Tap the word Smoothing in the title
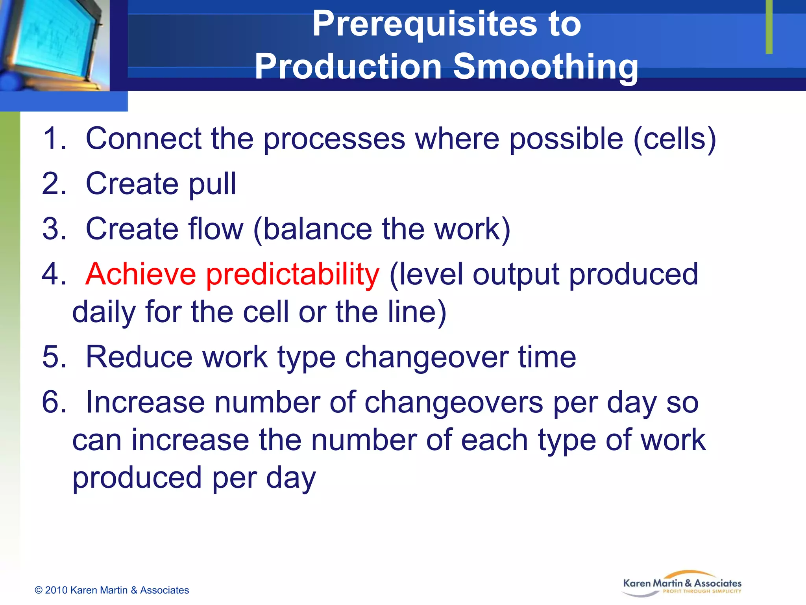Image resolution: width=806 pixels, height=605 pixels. (x=545, y=67)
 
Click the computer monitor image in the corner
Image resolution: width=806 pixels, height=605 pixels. (x=54, y=43)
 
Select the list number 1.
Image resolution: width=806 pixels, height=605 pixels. (x=54, y=139)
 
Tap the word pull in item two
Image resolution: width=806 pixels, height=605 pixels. (x=213, y=184)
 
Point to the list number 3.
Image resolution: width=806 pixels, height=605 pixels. (x=54, y=229)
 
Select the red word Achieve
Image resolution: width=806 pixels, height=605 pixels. (x=140, y=274)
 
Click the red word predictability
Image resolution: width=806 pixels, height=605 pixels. (x=293, y=274)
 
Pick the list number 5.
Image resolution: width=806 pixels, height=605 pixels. (x=54, y=357)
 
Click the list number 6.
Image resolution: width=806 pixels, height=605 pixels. (x=54, y=402)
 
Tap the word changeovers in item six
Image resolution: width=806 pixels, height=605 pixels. (x=453, y=402)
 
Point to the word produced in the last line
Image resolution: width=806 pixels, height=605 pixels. (x=137, y=478)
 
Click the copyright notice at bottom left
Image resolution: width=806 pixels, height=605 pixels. (x=112, y=590)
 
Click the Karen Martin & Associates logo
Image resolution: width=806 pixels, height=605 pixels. (x=682, y=584)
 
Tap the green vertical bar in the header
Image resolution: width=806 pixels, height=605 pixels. (x=769, y=27)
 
